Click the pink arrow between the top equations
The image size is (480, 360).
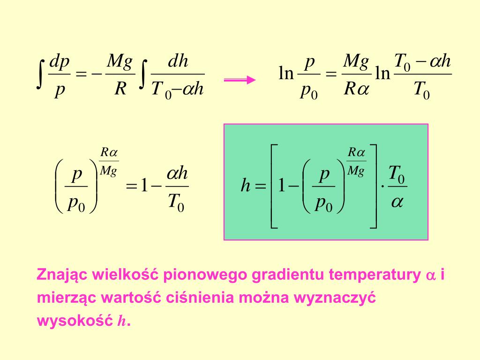[240, 80]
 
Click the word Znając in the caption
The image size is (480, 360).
[61, 275]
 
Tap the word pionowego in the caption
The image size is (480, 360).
[206, 275]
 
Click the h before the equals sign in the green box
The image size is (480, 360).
[246, 187]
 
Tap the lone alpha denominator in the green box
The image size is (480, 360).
[397, 203]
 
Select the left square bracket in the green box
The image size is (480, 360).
[275, 187]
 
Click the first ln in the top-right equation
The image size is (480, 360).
[285, 74]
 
